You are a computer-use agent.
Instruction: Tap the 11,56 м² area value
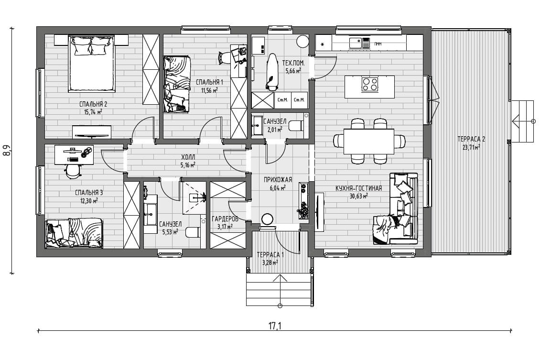209,90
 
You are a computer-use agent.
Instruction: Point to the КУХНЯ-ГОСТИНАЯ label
358,188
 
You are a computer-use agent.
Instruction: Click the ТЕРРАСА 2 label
471,139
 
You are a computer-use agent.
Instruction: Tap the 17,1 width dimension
274,326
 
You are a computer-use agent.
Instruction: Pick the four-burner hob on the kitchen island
369,84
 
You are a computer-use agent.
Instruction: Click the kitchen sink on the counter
355,43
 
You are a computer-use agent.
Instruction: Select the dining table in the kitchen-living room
369,141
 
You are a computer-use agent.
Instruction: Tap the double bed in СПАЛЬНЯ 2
92,64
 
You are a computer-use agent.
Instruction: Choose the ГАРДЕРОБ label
225,219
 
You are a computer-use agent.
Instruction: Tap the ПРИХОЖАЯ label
278,179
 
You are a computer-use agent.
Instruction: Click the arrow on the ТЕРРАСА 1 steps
280,290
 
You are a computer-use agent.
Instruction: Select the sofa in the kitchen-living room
395,209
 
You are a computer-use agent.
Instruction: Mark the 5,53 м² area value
170,232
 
